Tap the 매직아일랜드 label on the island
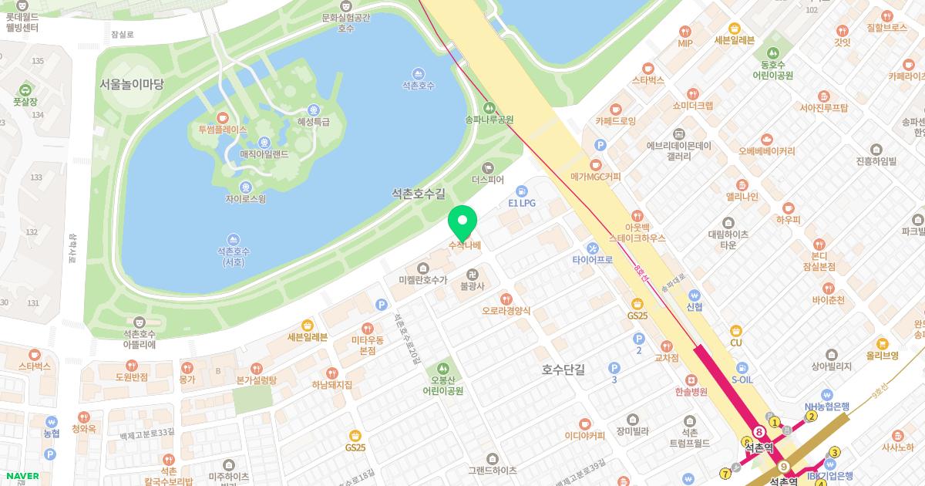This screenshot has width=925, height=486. (264, 154)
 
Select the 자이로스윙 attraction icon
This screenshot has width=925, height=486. (245, 187)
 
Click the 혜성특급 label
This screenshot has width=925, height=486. (313, 122)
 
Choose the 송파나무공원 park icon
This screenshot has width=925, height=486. (488, 107)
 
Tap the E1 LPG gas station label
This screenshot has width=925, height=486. (521, 203)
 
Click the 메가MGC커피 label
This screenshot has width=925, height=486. (595, 177)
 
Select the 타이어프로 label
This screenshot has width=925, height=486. (592, 260)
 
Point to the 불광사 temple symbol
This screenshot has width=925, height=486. (472, 274)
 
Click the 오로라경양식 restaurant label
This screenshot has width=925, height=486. (506, 310)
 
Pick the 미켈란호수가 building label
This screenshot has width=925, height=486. (422, 279)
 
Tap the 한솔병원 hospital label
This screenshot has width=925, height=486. (691, 391)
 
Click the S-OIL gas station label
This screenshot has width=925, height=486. (742, 380)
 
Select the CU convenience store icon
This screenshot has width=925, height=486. (735, 330)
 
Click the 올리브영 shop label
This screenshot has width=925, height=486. (883, 355)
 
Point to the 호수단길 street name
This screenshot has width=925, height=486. (563, 370)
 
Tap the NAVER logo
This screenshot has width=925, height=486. (22, 476)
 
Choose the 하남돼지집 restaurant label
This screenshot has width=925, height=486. (331, 384)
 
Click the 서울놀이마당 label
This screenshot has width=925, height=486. (131, 84)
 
